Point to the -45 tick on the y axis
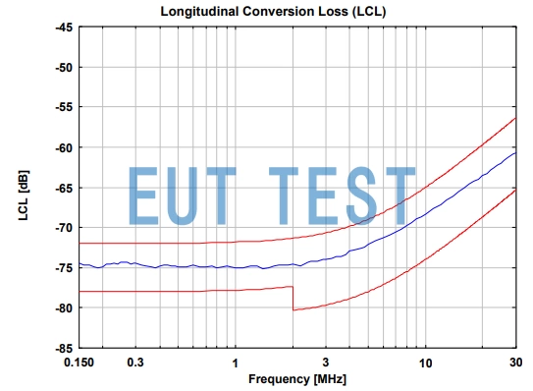60,28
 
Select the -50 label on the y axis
60,68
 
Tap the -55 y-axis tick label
60,108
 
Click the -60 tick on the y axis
60,147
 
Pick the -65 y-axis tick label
60,188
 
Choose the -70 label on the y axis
60,228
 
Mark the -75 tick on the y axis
60,268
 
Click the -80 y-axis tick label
60,307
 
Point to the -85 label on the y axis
60,348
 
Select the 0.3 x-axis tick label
135,363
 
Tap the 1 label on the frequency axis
234,363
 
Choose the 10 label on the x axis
425,363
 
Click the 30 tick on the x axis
515,363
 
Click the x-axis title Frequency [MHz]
297,379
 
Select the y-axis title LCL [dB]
23,188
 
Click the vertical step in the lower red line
293,298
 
